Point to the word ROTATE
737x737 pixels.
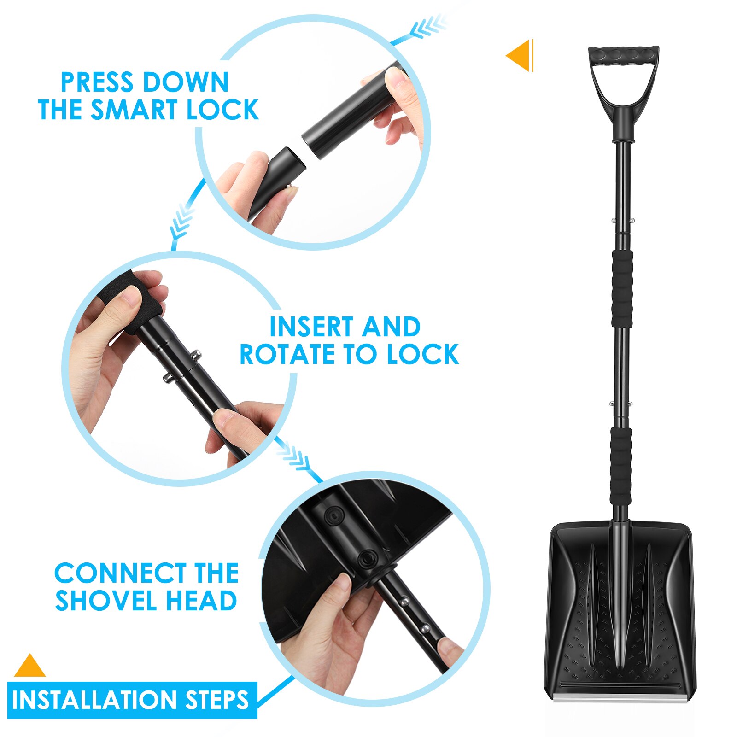288,354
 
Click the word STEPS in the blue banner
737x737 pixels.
216,700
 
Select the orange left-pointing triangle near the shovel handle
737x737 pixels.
520,56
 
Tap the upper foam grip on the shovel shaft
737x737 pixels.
622,289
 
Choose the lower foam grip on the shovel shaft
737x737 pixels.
620,465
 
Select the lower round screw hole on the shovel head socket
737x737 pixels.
368,559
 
